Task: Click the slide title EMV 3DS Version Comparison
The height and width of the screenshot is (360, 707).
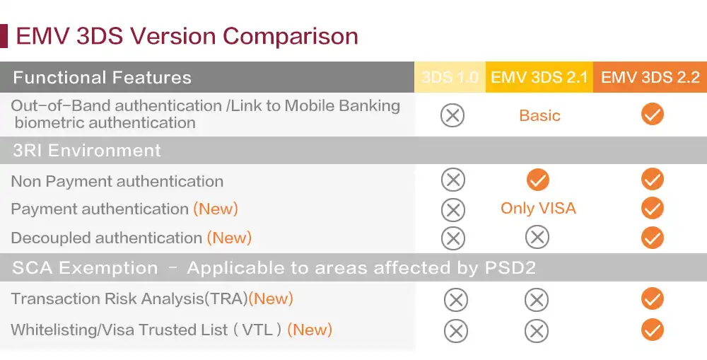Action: pos(187,36)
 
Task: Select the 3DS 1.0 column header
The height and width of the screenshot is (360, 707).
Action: pos(450,77)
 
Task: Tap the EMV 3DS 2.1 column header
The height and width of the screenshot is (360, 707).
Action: pos(539,77)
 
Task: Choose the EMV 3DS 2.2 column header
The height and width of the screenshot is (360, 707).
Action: pos(650,77)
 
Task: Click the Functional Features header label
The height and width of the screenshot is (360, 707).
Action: pos(103,78)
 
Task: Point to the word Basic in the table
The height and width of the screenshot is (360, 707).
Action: pos(539,115)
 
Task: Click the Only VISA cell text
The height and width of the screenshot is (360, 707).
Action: pos(538,208)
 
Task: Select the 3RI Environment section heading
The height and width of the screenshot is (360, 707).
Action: pos(87,150)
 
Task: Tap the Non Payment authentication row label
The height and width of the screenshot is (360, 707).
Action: pos(117,181)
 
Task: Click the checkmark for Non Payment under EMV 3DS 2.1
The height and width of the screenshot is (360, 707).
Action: pos(538,180)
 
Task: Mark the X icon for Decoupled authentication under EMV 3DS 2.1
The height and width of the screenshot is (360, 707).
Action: pos(537,238)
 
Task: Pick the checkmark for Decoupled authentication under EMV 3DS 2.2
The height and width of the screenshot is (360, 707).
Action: pos(653,238)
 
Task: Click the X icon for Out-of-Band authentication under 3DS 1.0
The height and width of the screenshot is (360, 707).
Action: pos(452,115)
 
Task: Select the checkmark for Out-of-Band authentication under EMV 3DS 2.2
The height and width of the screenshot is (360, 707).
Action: pos(653,114)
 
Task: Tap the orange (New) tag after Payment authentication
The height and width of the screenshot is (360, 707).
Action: pos(216,209)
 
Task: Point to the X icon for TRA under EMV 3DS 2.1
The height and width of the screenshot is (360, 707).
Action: pos(537,300)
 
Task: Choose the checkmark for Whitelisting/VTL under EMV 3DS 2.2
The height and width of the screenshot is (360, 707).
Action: pos(653,330)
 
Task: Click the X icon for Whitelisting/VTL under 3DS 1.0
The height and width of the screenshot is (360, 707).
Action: pos(456,331)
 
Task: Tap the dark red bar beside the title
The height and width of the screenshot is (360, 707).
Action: pos(4,36)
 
